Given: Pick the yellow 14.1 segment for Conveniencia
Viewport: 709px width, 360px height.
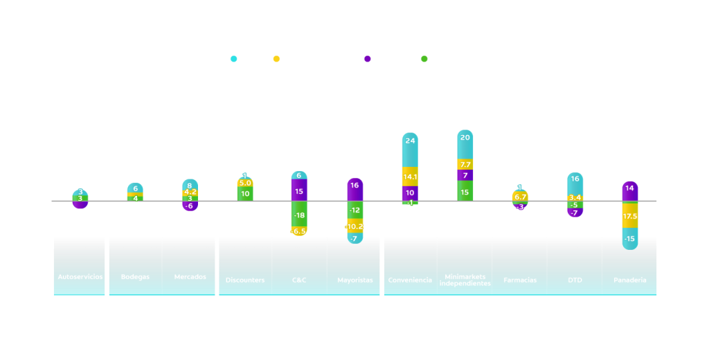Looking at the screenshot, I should [x=410, y=177].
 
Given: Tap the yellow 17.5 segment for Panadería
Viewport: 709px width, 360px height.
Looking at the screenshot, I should [x=630, y=215].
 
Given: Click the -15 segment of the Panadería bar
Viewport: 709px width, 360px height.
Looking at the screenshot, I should [x=630, y=239].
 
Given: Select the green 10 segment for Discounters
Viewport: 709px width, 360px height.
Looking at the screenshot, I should [x=245, y=194].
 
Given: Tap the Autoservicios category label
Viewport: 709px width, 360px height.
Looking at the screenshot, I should [x=80, y=277].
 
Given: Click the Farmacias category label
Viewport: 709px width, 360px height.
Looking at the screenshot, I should [x=520, y=280].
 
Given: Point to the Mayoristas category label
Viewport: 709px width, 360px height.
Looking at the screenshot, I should [x=355, y=280].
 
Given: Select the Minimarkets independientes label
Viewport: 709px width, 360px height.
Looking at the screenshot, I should [x=465, y=280].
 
